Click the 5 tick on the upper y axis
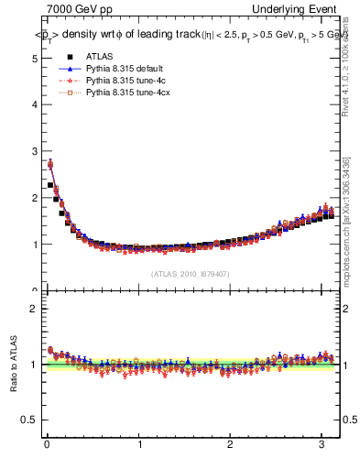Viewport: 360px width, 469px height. click(34, 58)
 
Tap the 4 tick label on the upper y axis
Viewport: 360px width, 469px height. click(34, 104)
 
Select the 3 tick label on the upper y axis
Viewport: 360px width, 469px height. click(34, 151)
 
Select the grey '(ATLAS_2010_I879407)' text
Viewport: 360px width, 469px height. click(189, 273)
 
